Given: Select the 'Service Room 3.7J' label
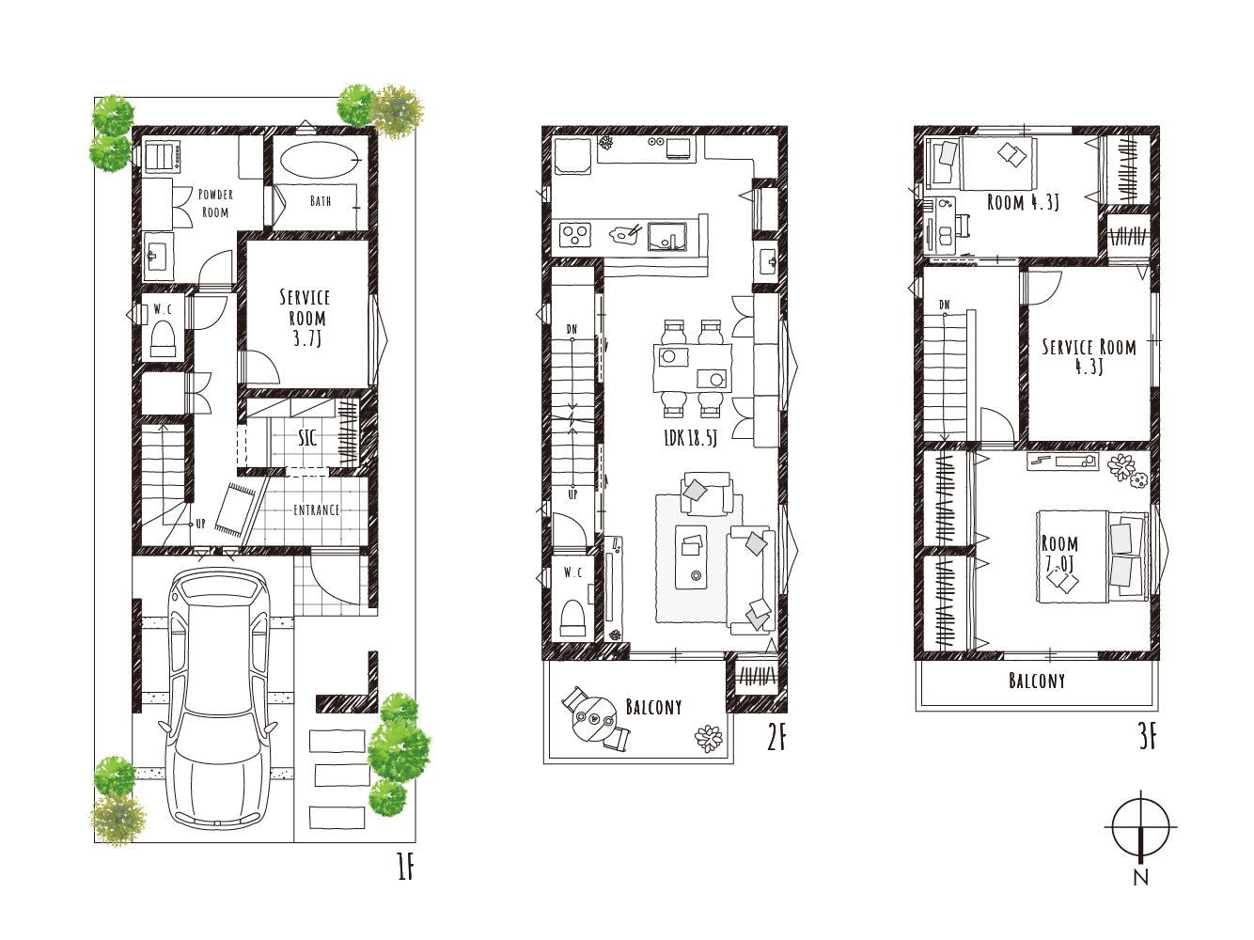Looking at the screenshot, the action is (x=306, y=318).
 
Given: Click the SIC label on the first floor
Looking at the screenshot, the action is (x=307, y=438).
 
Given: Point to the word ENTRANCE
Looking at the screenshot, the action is (x=317, y=510).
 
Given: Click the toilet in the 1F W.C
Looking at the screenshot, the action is (x=163, y=339).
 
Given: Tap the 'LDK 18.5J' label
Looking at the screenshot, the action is (x=690, y=438).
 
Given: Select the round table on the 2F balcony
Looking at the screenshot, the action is (x=594, y=719).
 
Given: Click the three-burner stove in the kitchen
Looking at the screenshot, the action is (x=574, y=234).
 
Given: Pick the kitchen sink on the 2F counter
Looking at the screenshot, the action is (x=666, y=237).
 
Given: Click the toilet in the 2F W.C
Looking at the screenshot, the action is (x=573, y=618).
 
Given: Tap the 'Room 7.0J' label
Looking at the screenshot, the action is (x=1059, y=553).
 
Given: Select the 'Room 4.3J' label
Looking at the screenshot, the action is (x=1023, y=202).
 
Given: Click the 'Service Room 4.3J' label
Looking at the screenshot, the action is (x=1089, y=356).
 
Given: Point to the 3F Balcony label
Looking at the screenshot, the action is (x=1036, y=681).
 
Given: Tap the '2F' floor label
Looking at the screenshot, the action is (x=776, y=738).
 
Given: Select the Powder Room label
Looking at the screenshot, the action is (x=215, y=203).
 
